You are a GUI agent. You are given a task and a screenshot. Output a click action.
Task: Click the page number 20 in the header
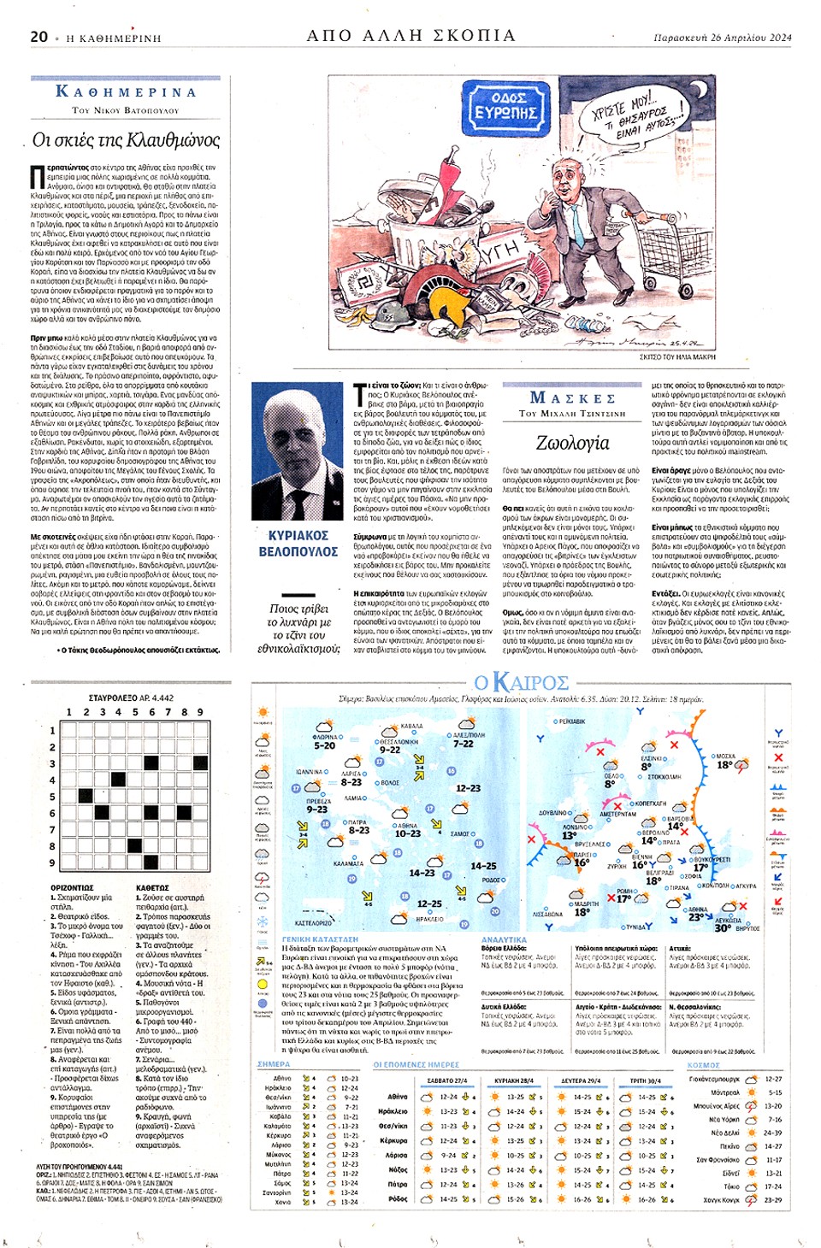coord(39,37)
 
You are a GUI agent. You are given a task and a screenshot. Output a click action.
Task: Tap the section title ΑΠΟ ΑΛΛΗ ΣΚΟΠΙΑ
coord(411,36)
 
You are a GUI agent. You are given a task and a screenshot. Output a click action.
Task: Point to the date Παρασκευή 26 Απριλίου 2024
coord(723,38)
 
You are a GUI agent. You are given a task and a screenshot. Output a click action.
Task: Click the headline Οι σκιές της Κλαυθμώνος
coord(126,139)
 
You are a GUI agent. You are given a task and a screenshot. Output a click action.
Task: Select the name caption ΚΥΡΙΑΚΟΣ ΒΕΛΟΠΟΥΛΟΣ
coord(298,544)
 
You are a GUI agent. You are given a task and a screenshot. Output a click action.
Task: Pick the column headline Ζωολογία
coord(572,443)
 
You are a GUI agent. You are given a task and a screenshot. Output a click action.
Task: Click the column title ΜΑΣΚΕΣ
coord(572,398)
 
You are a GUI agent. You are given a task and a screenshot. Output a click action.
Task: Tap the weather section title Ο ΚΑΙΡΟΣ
coord(521,682)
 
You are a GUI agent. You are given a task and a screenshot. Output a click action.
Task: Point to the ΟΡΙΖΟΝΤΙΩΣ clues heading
coord(72,888)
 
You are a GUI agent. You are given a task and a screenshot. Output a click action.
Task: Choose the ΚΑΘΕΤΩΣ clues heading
coord(152,888)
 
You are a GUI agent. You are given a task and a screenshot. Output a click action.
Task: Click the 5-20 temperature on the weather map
coord(325,745)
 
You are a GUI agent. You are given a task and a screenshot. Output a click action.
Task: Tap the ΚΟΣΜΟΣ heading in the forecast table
coord(703,1065)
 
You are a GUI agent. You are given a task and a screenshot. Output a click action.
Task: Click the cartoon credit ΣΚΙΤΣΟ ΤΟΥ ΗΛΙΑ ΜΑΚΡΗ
coord(677,356)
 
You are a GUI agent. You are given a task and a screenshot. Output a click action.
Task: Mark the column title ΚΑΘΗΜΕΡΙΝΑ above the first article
coord(126,91)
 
